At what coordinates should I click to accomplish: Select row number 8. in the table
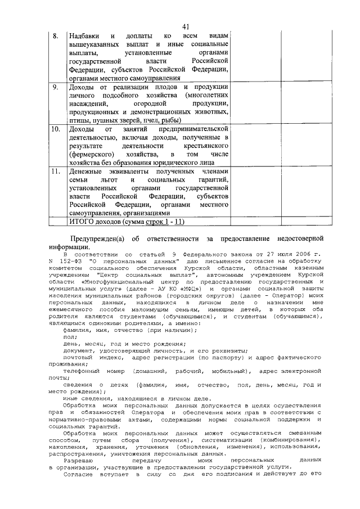point(56,35)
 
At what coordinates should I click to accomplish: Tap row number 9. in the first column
point(56,88)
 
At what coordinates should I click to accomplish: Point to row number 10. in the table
point(56,129)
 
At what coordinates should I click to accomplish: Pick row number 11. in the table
point(56,172)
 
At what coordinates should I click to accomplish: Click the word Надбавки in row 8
point(84,35)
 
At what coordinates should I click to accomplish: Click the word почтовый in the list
point(79,357)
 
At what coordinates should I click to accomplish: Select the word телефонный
point(82,371)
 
